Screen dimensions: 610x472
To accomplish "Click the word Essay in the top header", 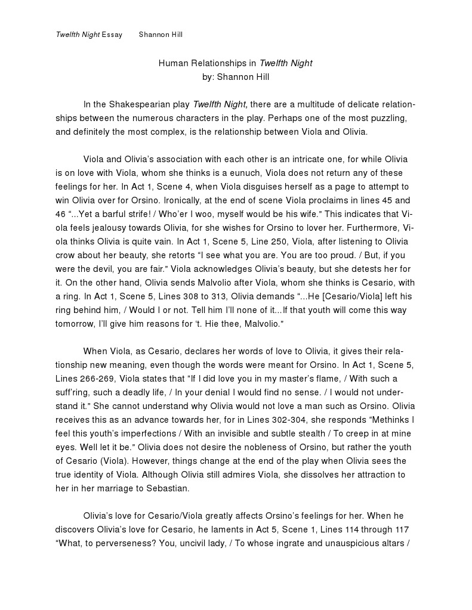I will pos(112,35).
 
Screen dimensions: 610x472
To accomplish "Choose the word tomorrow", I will pos(75,323).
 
